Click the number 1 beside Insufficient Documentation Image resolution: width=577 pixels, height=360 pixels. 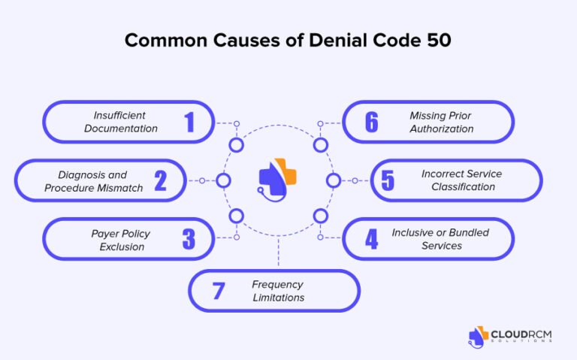[x=189, y=122]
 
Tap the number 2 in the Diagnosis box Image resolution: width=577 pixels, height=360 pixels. [x=160, y=180]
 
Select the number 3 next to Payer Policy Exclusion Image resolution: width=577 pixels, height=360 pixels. [x=189, y=239]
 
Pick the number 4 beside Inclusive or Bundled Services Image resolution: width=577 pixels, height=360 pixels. [x=371, y=239]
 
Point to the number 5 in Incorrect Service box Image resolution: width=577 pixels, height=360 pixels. [x=388, y=180]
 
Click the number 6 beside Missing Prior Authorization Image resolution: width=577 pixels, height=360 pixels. [x=371, y=122]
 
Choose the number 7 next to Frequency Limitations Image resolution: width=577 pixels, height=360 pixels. [x=218, y=291]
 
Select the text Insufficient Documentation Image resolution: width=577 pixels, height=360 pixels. [x=120, y=122]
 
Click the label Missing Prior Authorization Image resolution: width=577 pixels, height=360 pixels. [x=441, y=122]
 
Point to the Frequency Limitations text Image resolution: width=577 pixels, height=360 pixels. [x=277, y=291]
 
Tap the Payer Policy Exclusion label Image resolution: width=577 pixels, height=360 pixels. [x=121, y=239]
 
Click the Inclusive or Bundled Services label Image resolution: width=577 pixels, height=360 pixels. [x=441, y=239]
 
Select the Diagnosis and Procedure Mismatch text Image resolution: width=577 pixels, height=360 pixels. [x=93, y=180]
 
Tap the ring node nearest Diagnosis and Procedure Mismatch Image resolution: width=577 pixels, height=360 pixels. [x=223, y=180]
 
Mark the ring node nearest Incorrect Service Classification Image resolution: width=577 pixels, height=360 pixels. [x=334, y=180]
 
